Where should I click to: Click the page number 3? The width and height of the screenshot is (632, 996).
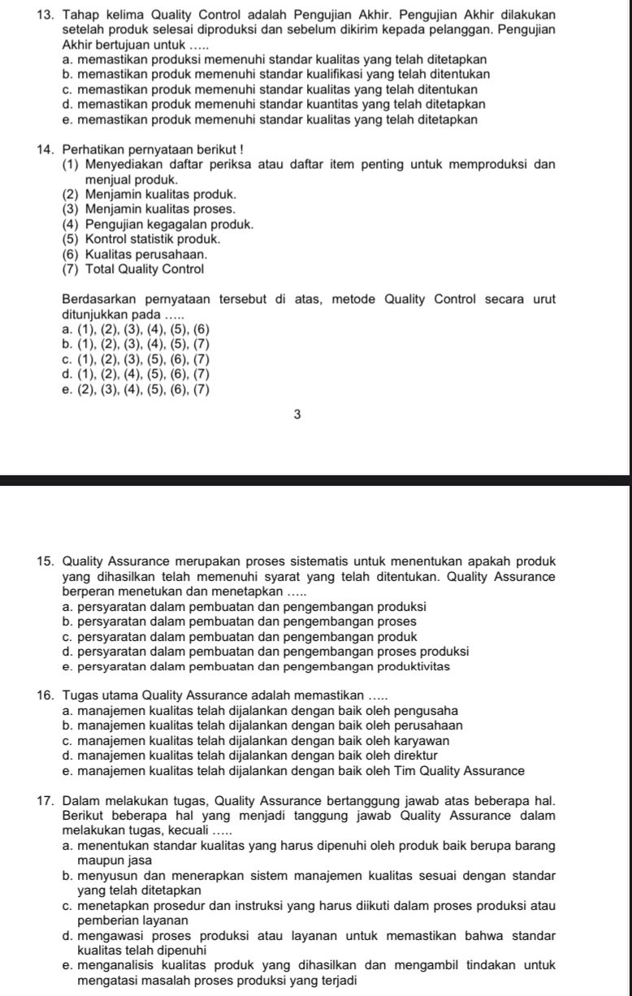(x=297, y=414)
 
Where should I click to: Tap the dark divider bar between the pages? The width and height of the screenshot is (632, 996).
(x=315, y=480)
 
